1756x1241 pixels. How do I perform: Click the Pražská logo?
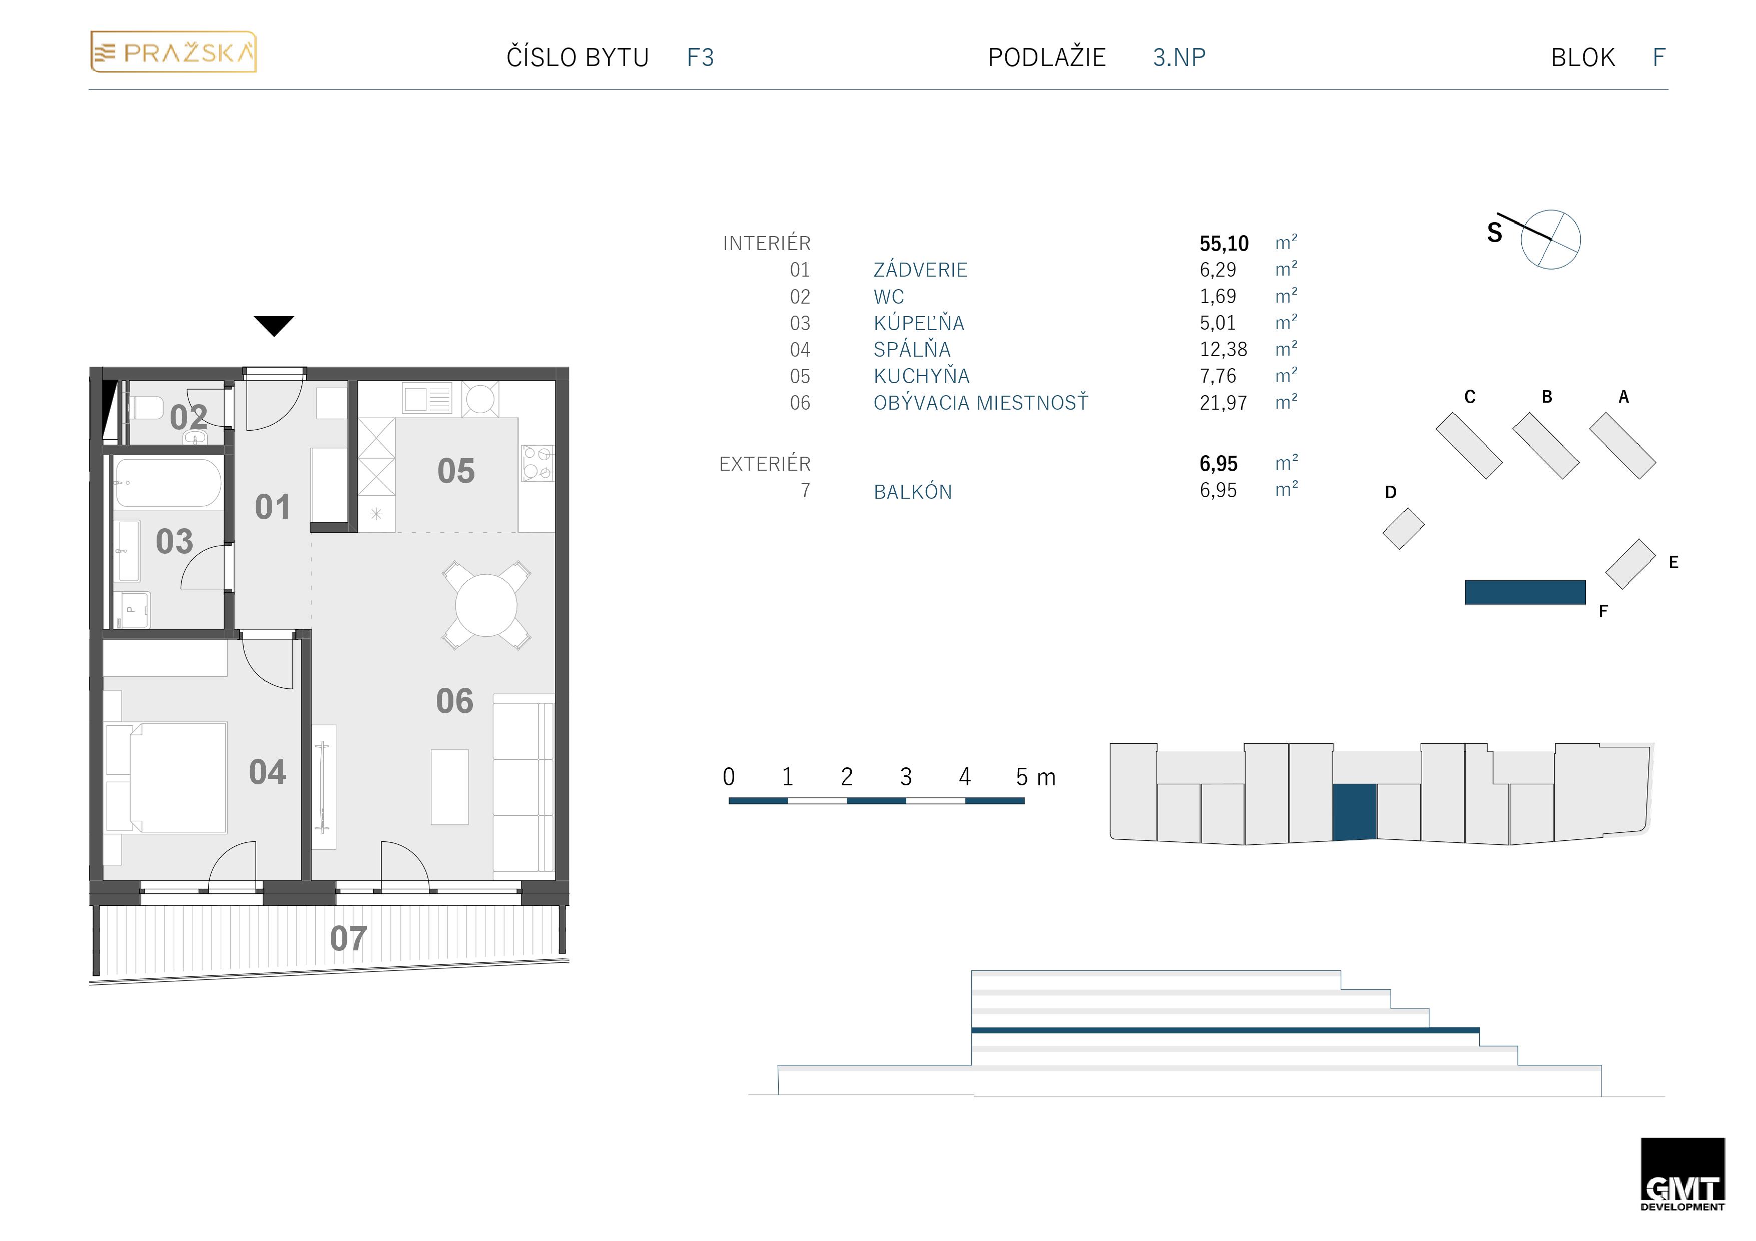pyautogui.click(x=174, y=52)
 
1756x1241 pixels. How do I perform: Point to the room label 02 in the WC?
pyautogui.click(x=188, y=418)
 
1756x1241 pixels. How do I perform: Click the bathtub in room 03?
pyautogui.click(x=168, y=483)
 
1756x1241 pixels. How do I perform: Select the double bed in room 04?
pyautogui.click(x=178, y=777)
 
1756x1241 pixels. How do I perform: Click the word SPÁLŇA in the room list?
pyautogui.click(x=912, y=350)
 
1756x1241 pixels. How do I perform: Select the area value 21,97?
pyautogui.click(x=1223, y=403)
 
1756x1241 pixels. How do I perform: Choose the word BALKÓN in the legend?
pyautogui.click(x=912, y=492)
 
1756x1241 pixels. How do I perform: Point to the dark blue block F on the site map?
pyautogui.click(x=1525, y=593)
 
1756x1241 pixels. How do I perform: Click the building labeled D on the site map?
pyautogui.click(x=1403, y=528)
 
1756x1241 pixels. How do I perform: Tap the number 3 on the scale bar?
pyautogui.click(x=906, y=777)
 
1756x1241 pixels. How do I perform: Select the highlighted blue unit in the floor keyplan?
pyautogui.click(x=1355, y=812)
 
